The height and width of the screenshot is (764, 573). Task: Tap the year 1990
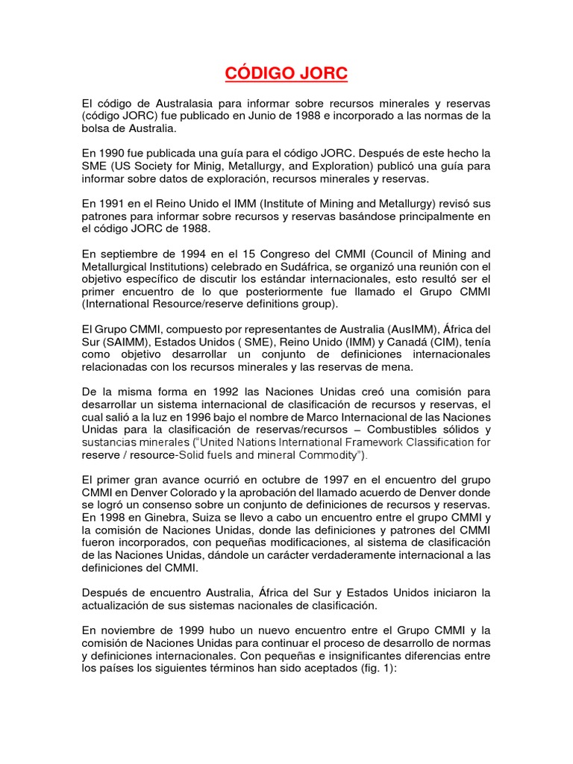[x=111, y=153]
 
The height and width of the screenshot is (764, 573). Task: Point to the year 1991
[x=111, y=203]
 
